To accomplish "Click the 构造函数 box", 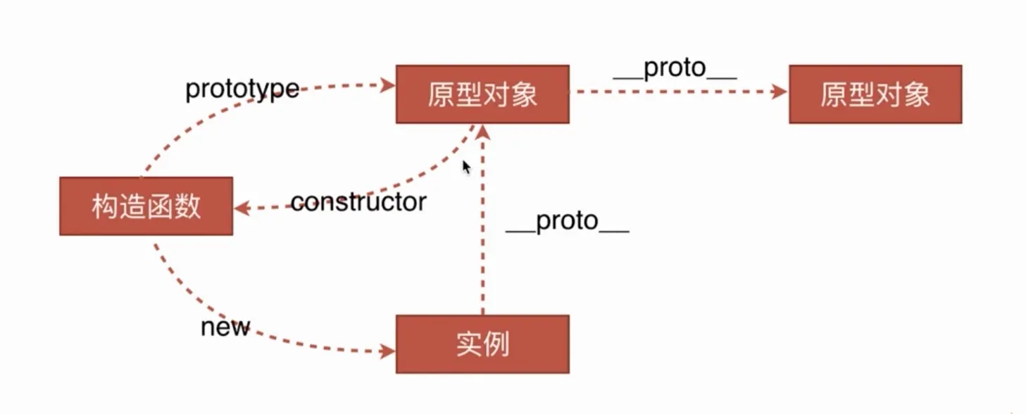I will click(146, 206).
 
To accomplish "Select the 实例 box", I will click(482, 344).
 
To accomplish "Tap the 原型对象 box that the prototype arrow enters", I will click(482, 94).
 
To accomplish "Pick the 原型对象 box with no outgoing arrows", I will click(875, 94).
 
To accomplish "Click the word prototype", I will click(242, 89).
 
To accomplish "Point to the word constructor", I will click(358, 203).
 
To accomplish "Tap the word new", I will click(225, 327).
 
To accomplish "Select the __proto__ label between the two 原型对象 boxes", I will click(675, 68).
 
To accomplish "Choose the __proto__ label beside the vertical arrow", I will click(567, 222).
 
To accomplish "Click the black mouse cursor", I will click(466, 168).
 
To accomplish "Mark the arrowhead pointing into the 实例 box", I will click(387, 351).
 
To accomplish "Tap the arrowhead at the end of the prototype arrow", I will click(387, 85).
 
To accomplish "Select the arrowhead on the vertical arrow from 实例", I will click(483, 132).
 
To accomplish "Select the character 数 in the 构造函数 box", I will click(188, 207).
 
